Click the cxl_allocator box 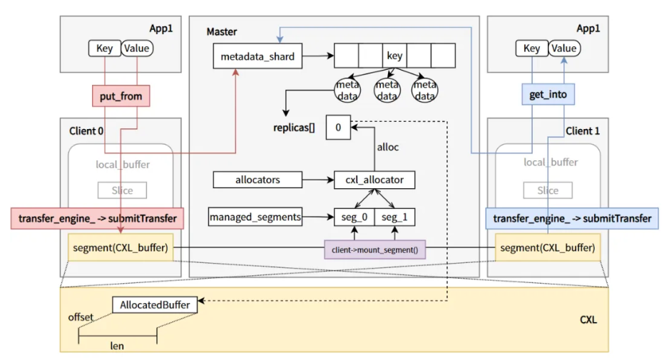[374, 180]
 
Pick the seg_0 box [354, 216]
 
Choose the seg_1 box [395, 216]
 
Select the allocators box [257, 180]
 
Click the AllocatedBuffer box [155, 305]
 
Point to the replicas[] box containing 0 [338, 128]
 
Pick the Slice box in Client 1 [548, 190]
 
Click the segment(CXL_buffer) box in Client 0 [121, 247]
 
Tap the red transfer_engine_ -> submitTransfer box [98, 218]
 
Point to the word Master [222, 32]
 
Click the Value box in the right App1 [563, 48]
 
